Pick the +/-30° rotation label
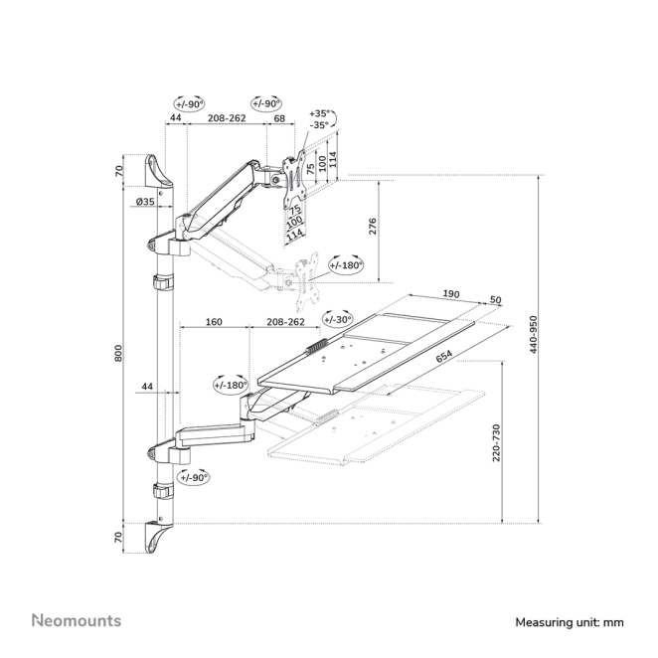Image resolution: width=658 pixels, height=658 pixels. pyautogui.click(x=337, y=319)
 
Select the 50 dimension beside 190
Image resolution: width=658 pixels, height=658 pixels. pyautogui.click(x=495, y=299)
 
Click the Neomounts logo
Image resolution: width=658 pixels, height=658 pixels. pyautogui.click(x=77, y=620)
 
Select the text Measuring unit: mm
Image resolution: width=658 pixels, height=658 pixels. pyautogui.click(x=568, y=622)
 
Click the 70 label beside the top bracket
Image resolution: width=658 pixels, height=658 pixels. pyautogui.click(x=119, y=170)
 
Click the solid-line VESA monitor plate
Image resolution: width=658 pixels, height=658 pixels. pyautogui.click(x=293, y=176)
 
